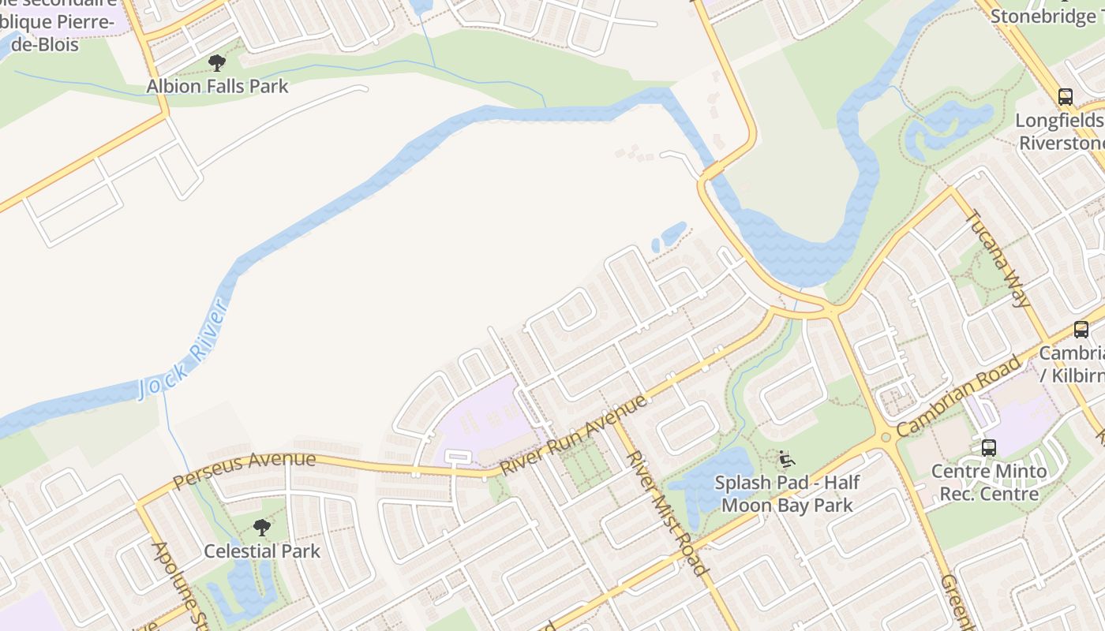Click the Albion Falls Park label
click(x=217, y=86)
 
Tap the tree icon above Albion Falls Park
click(x=217, y=63)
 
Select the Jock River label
click(x=182, y=349)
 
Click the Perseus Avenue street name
click(x=244, y=469)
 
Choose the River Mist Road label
click(x=667, y=513)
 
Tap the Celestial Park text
click(x=262, y=551)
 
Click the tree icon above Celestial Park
click(x=262, y=528)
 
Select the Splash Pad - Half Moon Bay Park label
click(x=787, y=493)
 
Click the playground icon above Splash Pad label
click(x=786, y=459)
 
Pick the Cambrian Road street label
click(x=957, y=398)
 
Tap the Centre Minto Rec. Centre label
click(x=988, y=482)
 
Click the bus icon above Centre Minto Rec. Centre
click(x=989, y=448)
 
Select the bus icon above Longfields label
click(x=1066, y=97)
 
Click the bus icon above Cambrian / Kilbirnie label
click(x=1081, y=330)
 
